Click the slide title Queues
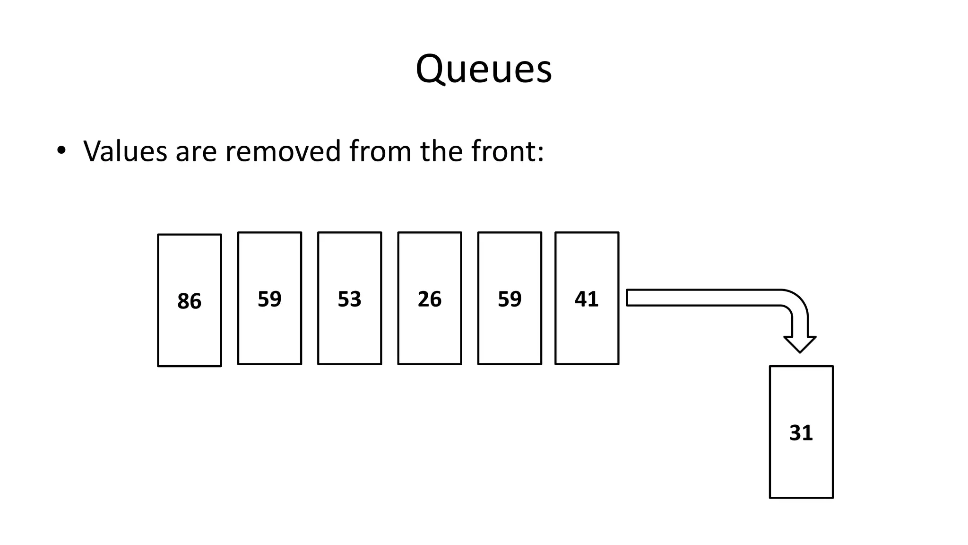[x=484, y=70]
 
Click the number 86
[x=189, y=301]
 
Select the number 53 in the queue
[x=349, y=299]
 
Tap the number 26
[x=429, y=299]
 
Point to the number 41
[x=586, y=299]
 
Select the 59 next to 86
[x=269, y=299]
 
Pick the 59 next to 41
[x=510, y=299]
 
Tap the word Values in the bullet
[x=125, y=151]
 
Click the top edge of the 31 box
[x=801, y=366]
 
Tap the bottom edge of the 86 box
[x=189, y=366]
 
